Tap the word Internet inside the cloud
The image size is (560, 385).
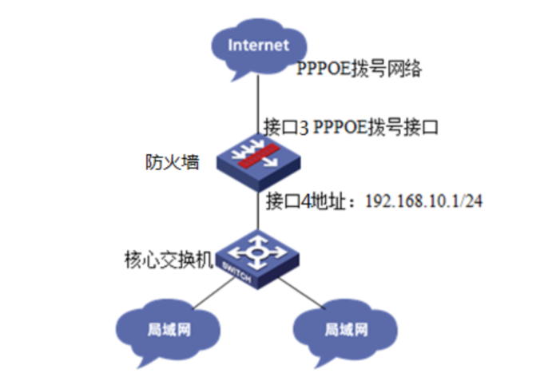coord(257,45)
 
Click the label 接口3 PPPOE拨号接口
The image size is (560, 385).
coord(352,127)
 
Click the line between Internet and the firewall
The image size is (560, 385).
coord(257,104)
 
